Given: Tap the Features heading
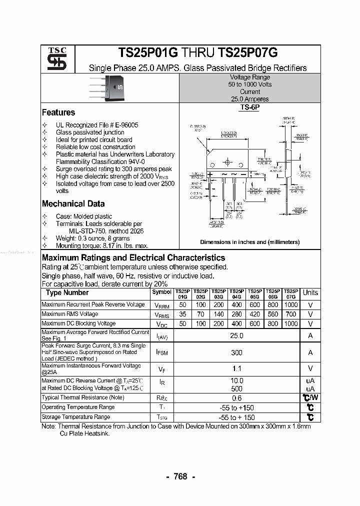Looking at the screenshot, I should (x=58, y=112).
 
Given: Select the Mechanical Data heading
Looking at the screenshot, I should (x=73, y=203).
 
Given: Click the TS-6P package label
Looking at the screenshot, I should (x=250, y=107).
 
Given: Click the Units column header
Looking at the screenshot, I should (x=310, y=293).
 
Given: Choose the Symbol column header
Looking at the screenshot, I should (x=161, y=292).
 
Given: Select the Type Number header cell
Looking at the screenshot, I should (x=67, y=293).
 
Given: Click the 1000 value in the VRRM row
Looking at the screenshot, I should (x=290, y=304).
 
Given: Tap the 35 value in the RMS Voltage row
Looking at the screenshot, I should (x=182, y=314).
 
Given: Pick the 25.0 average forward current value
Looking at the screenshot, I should (x=236, y=336).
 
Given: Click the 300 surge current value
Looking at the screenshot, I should (x=236, y=352).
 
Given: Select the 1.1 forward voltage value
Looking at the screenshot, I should (x=236, y=369).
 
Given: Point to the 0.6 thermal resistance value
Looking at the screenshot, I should (x=236, y=398).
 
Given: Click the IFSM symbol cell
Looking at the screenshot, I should (x=161, y=352).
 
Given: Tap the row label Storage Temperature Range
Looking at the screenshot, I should (x=76, y=416).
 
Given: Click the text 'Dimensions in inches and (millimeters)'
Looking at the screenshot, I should (x=250, y=242).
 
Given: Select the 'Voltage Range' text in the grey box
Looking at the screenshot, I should (x=250, y=77).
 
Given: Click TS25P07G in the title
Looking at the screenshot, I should (x=247, y=53).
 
